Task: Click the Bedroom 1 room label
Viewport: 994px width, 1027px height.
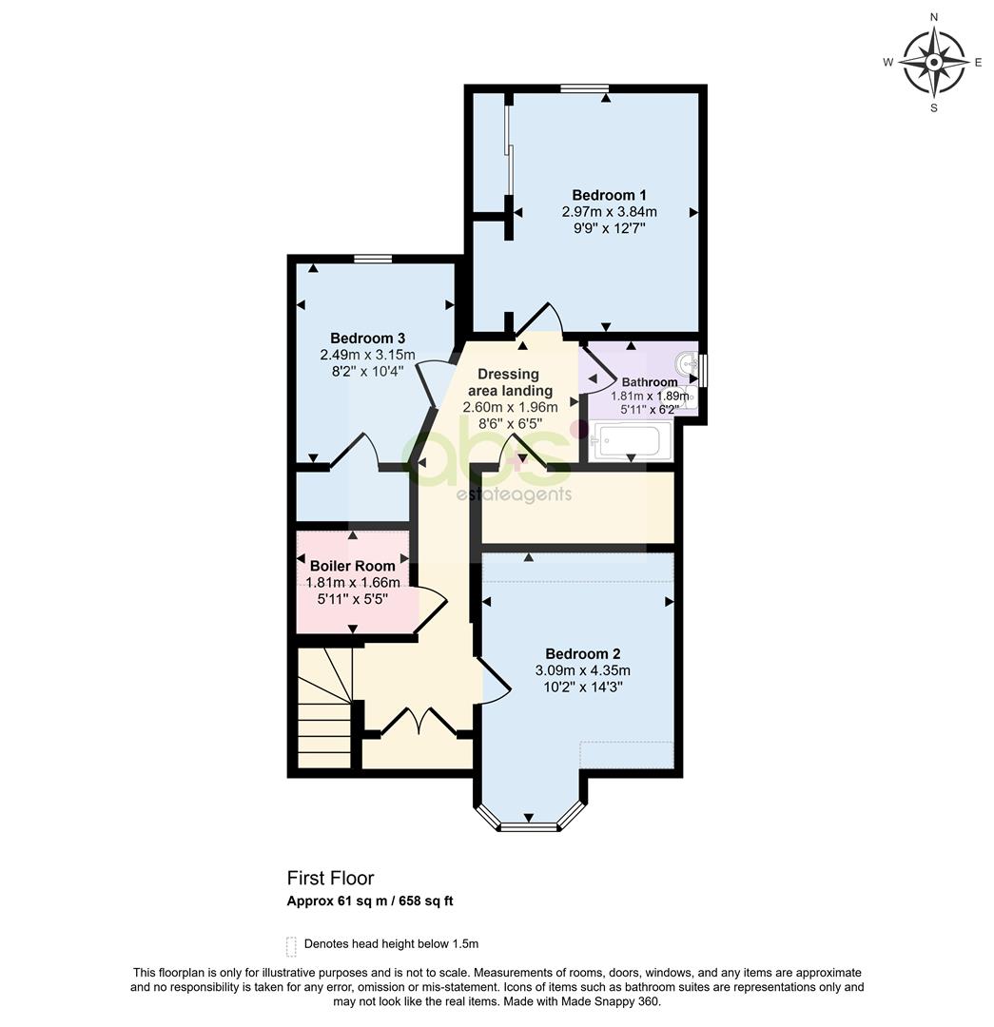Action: coord(609,195)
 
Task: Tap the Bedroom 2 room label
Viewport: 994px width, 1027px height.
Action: coord(582,653)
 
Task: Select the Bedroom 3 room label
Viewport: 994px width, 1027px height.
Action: coord(367,338)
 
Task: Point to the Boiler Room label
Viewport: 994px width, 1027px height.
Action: coord(353,566)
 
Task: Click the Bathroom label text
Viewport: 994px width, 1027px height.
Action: coord(650,382)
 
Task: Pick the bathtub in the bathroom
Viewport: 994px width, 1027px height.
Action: coord(632,440)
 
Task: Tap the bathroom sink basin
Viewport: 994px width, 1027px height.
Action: coord(688,361)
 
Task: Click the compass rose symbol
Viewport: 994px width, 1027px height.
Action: coord(934,62)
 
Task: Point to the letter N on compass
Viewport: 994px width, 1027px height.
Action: coord(934,17)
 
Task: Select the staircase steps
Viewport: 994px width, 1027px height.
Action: coord(325,707)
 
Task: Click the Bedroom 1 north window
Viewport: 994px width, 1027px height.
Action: coord(584,88)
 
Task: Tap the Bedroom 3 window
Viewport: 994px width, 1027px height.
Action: coord(373,259)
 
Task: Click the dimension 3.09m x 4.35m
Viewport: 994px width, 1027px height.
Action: coord(582,670)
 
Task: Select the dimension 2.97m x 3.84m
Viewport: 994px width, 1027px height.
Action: coord(609,212)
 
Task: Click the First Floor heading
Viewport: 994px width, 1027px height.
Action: coord(330,879)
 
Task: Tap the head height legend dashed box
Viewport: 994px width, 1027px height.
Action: coord(292,946)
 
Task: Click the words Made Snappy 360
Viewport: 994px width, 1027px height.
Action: coord(618,1001)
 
